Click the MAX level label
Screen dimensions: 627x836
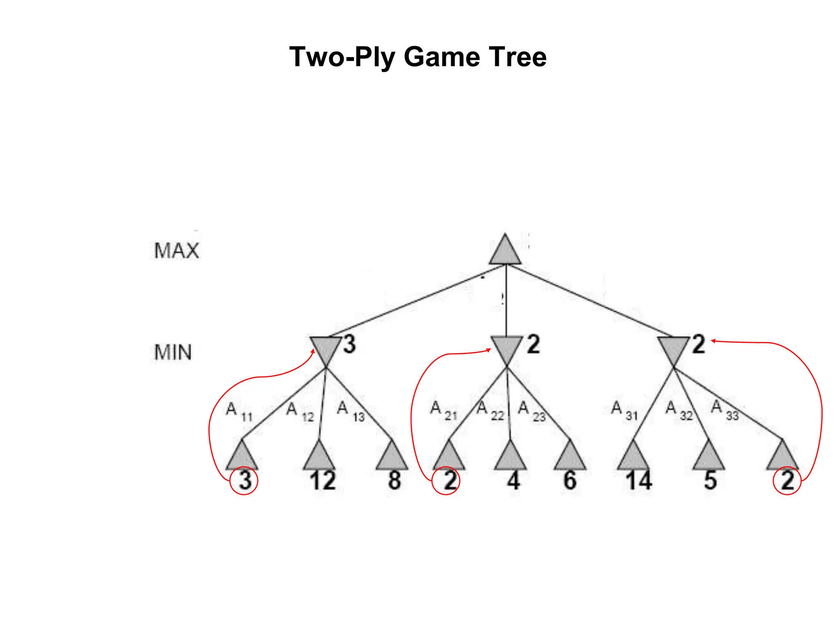click(x=176, y=251)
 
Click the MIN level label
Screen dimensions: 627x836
click(x=173, y=352)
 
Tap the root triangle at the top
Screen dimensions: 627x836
click(x=505, y=251)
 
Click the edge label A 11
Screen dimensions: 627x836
click(x=239, y=411)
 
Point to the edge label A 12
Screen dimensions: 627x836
click(x=300, y=411)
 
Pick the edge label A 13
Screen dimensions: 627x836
click(x=350, y=411)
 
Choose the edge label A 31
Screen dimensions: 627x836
click(x=624, y=410)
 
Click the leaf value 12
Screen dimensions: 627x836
click(x=322, y=480)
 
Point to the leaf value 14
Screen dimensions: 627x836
click(x=639, y=480)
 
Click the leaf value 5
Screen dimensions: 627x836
click(x=710, y=480)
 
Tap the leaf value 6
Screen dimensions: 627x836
click(x=570, y=480)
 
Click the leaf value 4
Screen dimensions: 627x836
click(x=513, y=480)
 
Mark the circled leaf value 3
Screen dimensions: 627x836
click(x=245, y=480)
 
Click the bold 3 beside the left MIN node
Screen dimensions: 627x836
click(x=349, y=344)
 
